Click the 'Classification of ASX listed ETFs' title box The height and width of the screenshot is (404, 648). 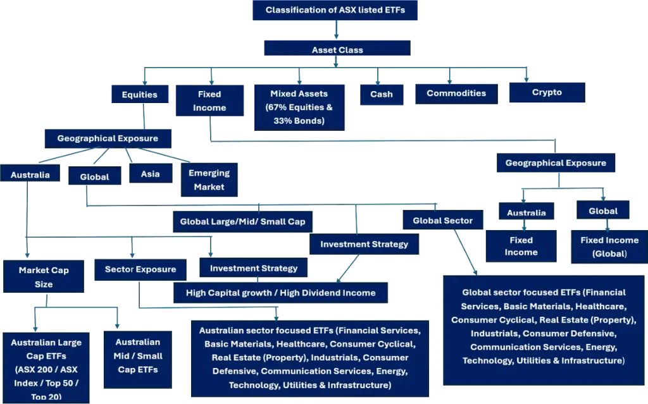pos(332,10)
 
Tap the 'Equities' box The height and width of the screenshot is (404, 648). pos(139,95)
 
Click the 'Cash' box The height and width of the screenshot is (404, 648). pos(381,94)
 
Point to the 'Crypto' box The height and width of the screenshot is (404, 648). pos(547,92)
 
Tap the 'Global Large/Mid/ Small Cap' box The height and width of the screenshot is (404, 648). pos(242,222)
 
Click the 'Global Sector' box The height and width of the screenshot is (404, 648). pos(443,221)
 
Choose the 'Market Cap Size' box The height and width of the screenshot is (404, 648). pos(44,277)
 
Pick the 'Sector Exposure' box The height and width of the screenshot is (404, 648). pos(140,269)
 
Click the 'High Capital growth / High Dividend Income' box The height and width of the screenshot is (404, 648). pos(280,293)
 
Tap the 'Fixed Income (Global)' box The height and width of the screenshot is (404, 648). pos(609,246)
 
